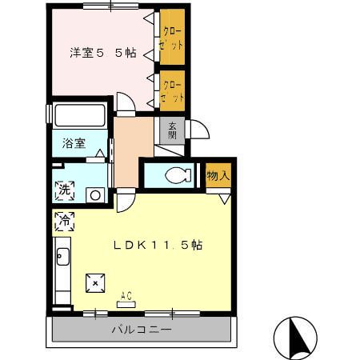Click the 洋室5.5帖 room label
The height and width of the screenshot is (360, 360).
103,53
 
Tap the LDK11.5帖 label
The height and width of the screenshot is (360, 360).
158,245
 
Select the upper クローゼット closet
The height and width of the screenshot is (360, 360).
172,37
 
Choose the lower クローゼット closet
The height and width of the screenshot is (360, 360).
172,90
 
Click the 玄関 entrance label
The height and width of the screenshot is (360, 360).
172,130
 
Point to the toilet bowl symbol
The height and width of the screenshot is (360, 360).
178,175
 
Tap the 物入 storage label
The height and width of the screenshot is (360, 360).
218,175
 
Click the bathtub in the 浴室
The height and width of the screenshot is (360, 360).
80,115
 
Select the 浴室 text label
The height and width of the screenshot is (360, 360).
74,143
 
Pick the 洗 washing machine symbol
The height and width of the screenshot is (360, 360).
65,190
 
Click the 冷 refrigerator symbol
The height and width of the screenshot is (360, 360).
65,222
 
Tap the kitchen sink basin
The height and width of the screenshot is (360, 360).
63,257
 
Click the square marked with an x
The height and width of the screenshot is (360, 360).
95,283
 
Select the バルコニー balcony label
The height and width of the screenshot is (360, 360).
142,330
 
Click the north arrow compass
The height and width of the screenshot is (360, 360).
296,338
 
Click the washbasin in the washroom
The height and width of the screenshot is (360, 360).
95,195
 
